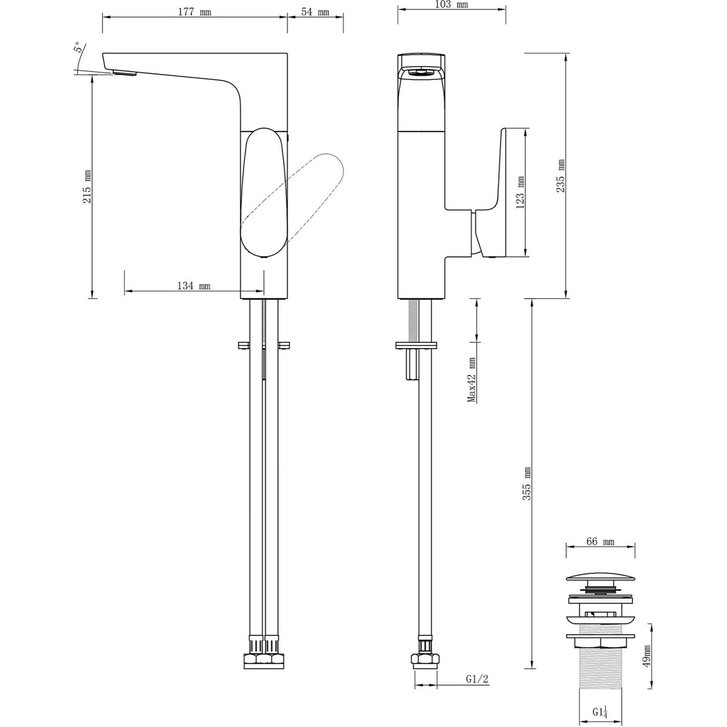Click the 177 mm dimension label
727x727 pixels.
click(x=194, y=12)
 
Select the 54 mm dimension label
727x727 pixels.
click(x=316, y=12)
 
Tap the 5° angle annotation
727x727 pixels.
click(x=78, y=49)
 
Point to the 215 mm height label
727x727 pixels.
click(x=87, y=186)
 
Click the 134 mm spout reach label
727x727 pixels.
click(x=193, y=285)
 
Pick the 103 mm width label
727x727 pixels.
click(x=452, y=5)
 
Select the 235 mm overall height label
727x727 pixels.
click(x=561, y=176)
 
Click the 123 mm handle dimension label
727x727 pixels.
click(x=520, y=192)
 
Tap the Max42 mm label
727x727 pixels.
click(x=472, y=380)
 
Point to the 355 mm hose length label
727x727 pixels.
click(x=527, y=483)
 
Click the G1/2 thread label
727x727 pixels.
click(x=477, y=679)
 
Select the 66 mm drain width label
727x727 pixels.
click(x=600, y=542)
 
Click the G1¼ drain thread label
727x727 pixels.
click(x=600, y=712)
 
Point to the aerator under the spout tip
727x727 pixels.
click(x=125, y=73)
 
